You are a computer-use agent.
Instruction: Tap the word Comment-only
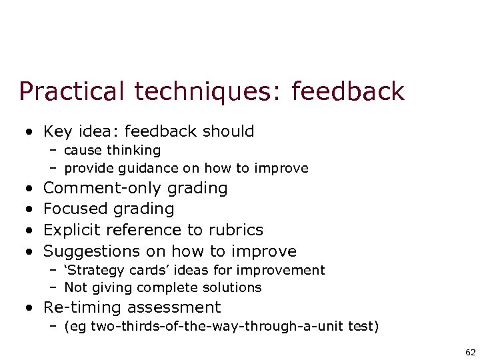tap(103, 188)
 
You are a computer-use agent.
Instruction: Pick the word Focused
tap(76, 209)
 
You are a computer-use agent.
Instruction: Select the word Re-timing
tap(82, 307)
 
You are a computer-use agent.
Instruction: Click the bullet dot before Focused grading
tap(29, 209)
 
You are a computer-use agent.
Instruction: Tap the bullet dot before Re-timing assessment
tap(29, 308)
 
